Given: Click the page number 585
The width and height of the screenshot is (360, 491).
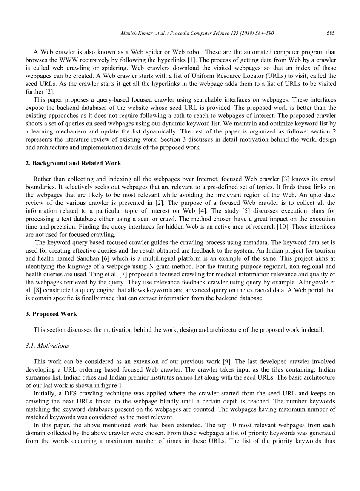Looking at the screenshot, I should coord(331,33).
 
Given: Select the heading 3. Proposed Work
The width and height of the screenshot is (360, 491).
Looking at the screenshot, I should coord(51,314).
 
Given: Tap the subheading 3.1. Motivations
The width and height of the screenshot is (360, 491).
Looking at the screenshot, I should coord(47,346).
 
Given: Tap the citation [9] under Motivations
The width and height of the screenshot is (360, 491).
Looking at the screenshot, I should coord(226,362).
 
